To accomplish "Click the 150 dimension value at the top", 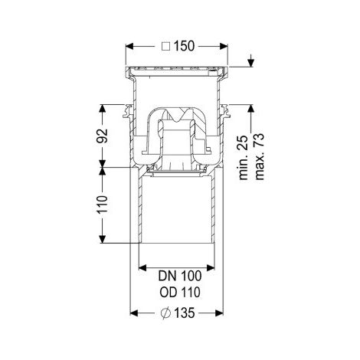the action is coord(184,46).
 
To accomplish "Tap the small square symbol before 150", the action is coord(166,47).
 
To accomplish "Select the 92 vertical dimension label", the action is coord(102,136).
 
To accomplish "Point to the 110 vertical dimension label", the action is coord(102,204).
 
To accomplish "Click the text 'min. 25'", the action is coord(244,158).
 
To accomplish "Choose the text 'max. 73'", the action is coord(260,157).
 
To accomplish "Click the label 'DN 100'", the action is coord(180,276).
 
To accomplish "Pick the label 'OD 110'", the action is coord(180,292).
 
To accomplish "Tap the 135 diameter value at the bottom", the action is coord(184,313).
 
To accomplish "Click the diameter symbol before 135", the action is coord(165,313).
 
